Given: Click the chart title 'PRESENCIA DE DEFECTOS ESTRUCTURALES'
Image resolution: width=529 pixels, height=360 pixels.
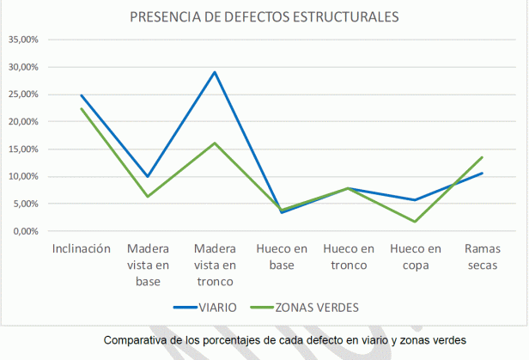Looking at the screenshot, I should coord(264,17).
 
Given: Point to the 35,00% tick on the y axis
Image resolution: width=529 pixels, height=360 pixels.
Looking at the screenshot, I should coord(22,40).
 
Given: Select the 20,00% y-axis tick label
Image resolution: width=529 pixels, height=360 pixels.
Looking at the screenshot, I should coord(22,122).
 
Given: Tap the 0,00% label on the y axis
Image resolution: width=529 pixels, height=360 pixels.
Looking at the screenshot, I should coord(24,231).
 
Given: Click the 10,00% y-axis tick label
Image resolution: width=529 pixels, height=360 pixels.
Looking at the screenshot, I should coord(22,177).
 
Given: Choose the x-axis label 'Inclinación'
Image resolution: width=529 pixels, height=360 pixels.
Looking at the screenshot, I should coord(82,248).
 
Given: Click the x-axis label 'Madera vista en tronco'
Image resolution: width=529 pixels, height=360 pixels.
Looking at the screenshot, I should coord(215,265).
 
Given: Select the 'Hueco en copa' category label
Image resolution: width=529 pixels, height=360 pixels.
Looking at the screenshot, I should coord(416,257).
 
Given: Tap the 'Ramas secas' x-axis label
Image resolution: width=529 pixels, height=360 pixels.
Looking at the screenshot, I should coord(482,257).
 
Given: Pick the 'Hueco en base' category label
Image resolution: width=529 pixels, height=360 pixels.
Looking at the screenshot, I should coord(282,257).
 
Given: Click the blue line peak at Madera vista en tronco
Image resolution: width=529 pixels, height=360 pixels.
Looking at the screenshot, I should coord(215,72).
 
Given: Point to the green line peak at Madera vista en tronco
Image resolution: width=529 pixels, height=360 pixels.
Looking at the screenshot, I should coord(215,143).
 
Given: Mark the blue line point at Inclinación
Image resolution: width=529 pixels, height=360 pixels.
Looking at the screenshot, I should coord(82,95).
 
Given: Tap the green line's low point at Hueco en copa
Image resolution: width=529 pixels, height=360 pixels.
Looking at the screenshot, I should coord(415,222).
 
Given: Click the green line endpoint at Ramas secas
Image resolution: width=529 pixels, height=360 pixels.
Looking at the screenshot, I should coord(482,157).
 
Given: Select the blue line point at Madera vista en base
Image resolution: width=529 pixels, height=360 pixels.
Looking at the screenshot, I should coord(148,176).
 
